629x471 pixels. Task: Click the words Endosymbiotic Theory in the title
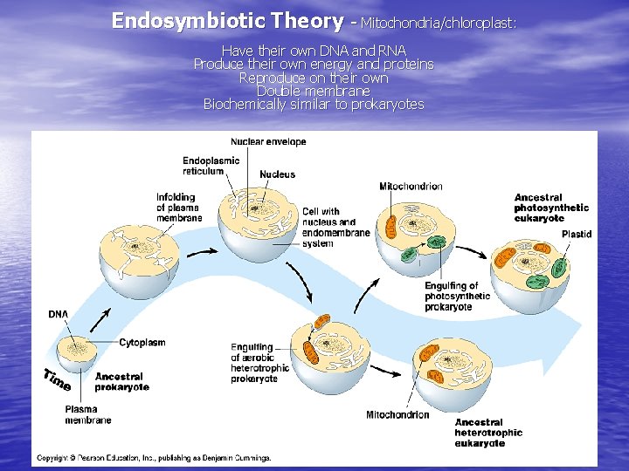[x=227, y=20]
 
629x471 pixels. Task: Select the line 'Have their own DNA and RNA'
[x=314, y=51]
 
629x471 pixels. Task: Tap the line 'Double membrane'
[x=314, y=91]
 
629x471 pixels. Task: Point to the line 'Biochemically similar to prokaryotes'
[x=314, y=105]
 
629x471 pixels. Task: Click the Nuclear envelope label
[x=268, y=141]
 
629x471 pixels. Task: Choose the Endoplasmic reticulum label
[x=211, y=166]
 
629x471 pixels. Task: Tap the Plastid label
[x=577, y=234]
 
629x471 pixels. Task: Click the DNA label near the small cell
[x=59, y=314]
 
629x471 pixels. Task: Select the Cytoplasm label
[x=142, y=343]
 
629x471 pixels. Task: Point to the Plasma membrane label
[x=87, y=414]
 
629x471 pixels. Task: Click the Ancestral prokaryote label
[x=121, y=381]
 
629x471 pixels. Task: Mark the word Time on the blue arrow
[x=57, y=380]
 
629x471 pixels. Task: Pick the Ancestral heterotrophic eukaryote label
[x=488, y=433]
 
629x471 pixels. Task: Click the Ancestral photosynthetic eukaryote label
[x=551, y=208]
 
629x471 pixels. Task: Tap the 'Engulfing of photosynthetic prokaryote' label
[x=457, y=297]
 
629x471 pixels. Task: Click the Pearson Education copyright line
[x=154, y=457]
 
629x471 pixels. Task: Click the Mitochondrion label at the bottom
[x=397, y=415]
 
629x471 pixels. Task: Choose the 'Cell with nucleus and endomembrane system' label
[x=329, y=227]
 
